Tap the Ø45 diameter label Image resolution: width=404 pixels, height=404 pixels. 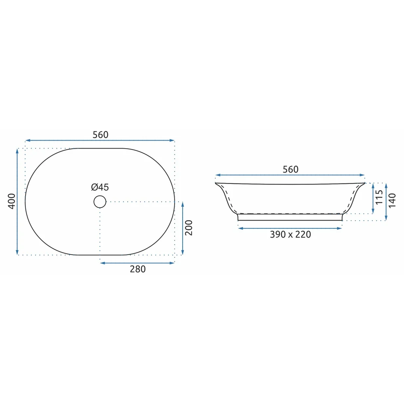click(x=100, y=187)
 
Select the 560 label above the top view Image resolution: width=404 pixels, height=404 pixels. click(x=101, y=135)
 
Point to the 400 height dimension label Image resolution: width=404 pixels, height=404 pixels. click(x=12, y=201)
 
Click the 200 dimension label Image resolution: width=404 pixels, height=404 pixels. click(x=189, y=228)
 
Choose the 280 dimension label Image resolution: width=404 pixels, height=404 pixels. click(x=138, y=269)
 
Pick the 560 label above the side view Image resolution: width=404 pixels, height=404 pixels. click(x=290, y=169)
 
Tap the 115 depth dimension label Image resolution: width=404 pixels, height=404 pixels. click(x=379, y=198)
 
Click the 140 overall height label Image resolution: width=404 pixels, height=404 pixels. click(x=392, y=201)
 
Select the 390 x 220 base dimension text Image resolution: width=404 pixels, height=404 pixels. click(x=290, y=234)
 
